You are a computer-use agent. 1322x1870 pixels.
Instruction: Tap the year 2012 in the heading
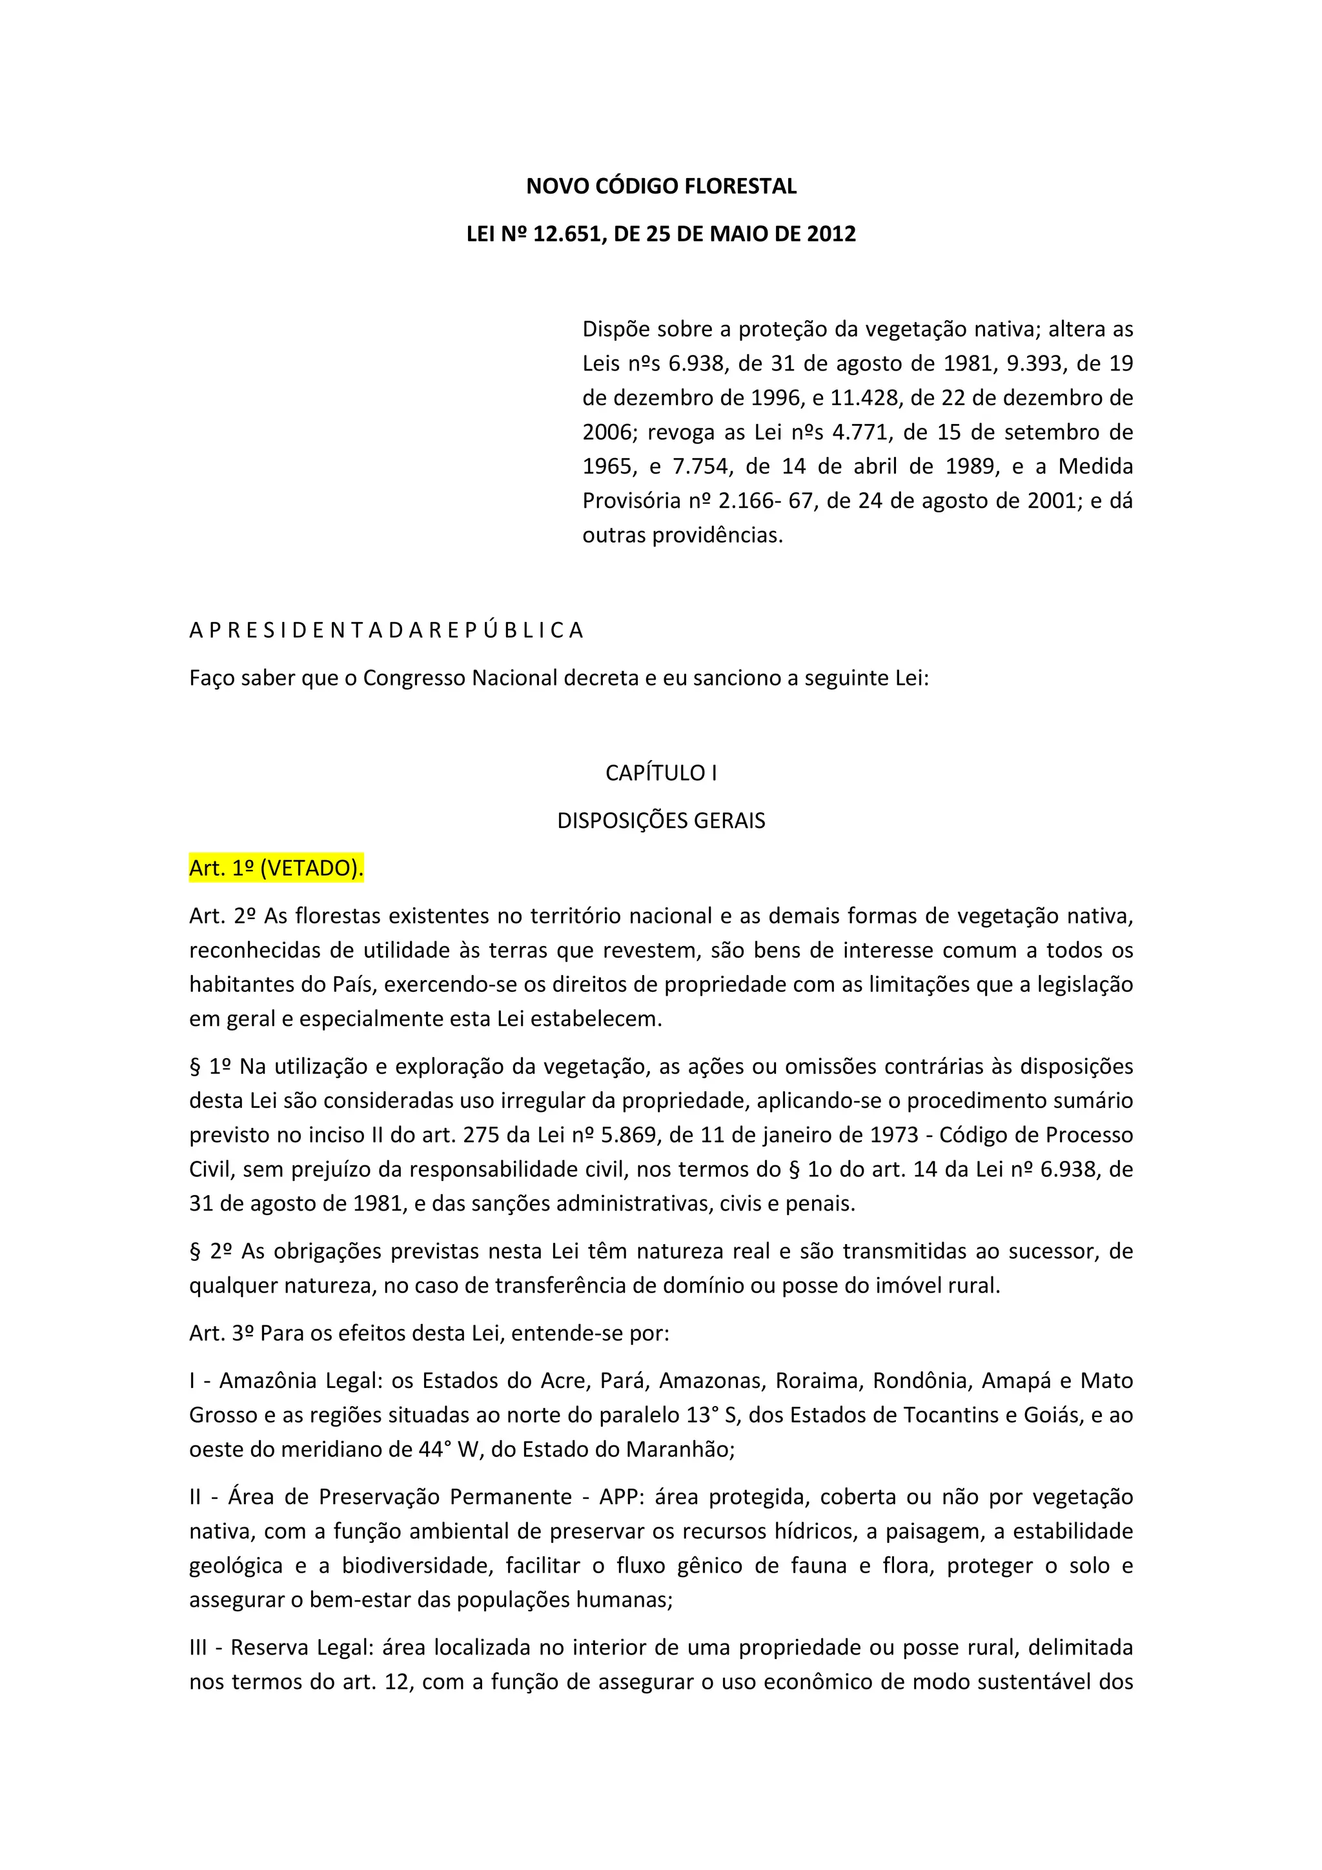point(831,235)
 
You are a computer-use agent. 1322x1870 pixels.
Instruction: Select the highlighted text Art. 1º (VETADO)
point(276,869)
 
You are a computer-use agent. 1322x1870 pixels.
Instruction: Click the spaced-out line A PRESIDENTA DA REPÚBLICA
point(386,630)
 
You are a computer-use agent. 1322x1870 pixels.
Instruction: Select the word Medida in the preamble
point(1095,467)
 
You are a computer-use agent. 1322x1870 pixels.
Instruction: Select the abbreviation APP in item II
point(619,1497)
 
